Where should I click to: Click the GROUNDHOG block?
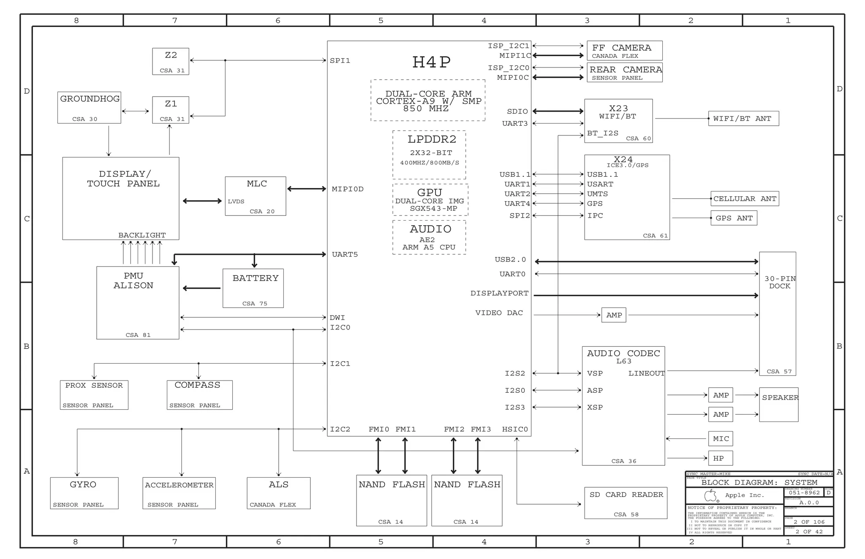coord(89,108)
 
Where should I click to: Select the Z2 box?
coord(171,62)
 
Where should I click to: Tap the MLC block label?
coord(257,184)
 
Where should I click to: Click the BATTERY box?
coord(253,288)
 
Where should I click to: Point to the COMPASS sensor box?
coord(199,395)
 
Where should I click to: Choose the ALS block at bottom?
coord(278,493)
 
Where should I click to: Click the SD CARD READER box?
coord(626,503)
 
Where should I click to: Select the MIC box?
coord(720,439)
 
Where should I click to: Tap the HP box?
coord(720,458)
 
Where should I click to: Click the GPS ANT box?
coord(734,218)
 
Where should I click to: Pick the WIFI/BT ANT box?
coord(743,119)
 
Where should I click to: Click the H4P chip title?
coord(431,62)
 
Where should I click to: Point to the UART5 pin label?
coord(345,254)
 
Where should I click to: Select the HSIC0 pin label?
coord(515,429)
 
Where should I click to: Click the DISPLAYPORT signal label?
coord(499,293)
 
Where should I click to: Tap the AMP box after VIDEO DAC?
coord(614,315)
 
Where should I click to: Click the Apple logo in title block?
coord(711,495)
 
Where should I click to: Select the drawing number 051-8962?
coord(804,492)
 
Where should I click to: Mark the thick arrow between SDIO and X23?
coord(558,111)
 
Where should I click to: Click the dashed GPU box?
coord(430,200)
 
